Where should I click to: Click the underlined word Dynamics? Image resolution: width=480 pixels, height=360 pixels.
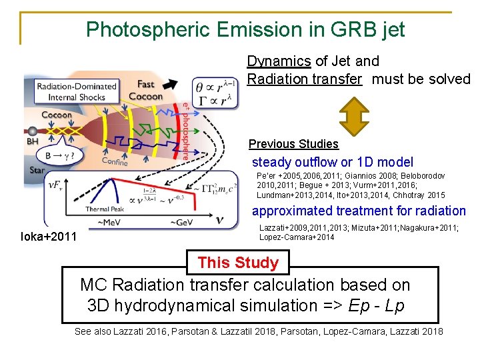(279, 61)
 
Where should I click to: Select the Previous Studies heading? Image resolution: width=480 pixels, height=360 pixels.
(293, 144)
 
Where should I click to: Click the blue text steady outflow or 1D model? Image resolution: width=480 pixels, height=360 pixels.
(332, 162)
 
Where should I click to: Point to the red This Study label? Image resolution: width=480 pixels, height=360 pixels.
(238, 263)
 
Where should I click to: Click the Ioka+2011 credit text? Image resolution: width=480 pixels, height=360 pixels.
(49, 236)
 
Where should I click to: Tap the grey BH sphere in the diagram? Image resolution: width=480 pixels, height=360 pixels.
(31, 131)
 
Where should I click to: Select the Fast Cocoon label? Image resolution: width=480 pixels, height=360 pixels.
(145, 90)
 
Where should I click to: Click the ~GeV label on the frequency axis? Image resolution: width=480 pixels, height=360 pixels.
(181, 222)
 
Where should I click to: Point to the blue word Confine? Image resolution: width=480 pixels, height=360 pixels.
(115, 161)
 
